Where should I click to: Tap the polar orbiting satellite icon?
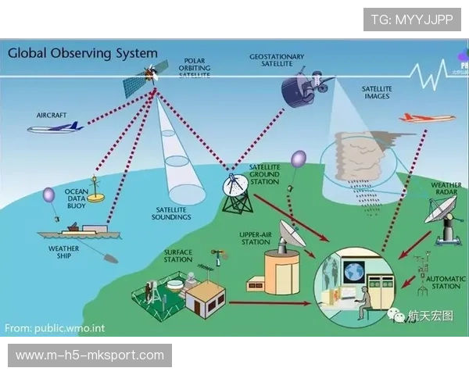148,75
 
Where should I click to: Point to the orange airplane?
427,118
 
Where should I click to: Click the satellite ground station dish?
235,186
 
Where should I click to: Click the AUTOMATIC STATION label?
449,282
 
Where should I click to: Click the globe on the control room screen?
353,273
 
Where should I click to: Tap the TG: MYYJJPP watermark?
412,19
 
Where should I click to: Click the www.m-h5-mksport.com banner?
90,355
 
